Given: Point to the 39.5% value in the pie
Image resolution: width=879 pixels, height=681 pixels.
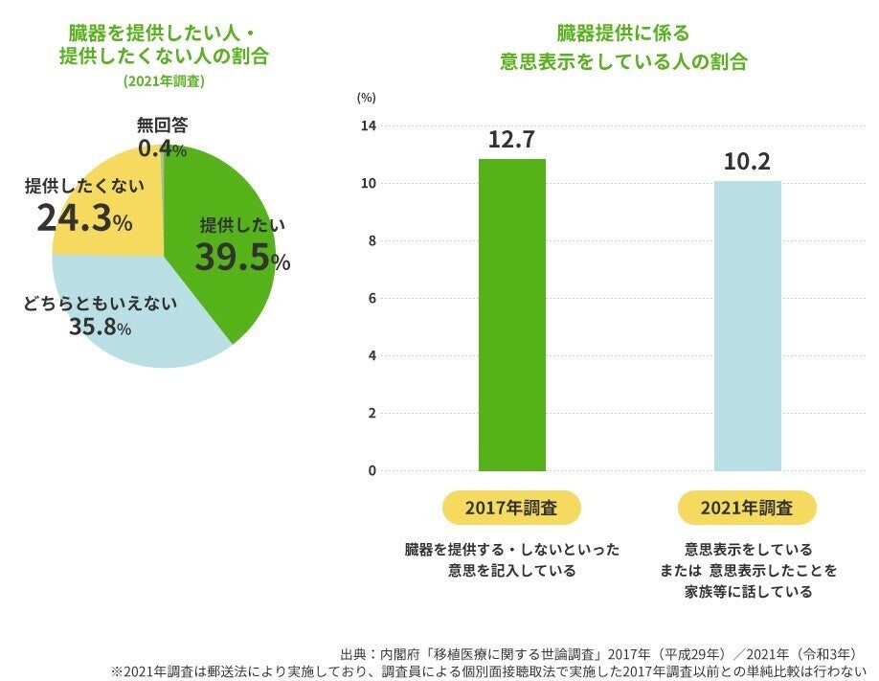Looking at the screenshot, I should coord(242,258).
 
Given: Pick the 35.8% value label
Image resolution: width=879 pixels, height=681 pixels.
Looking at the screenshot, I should coord(100,328).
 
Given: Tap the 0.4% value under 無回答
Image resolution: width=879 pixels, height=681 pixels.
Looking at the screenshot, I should coord(162,149).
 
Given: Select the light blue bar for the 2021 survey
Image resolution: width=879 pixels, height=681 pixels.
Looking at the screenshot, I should coord(747,326).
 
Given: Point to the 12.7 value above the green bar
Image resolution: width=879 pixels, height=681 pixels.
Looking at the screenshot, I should coord(511,140).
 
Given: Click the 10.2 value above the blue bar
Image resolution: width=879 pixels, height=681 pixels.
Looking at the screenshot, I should coord(747,162).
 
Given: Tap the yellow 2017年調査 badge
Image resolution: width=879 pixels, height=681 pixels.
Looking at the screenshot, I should coord(511,508).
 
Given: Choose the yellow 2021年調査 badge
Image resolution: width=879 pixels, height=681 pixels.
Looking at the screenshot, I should coord(747,508).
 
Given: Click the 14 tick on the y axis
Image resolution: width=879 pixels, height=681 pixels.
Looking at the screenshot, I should coord(370,126).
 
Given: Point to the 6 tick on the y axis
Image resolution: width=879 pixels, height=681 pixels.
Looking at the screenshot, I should coord(372,299).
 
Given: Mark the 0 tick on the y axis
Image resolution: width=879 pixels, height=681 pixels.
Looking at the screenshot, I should coord(372,471).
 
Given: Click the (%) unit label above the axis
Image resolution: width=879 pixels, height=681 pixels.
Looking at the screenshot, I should coord(366,97).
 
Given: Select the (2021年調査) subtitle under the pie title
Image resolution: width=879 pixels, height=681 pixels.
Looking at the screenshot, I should coord(164,81).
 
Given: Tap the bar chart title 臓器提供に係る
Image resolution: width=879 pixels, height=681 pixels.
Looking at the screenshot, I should coord(623,34).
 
